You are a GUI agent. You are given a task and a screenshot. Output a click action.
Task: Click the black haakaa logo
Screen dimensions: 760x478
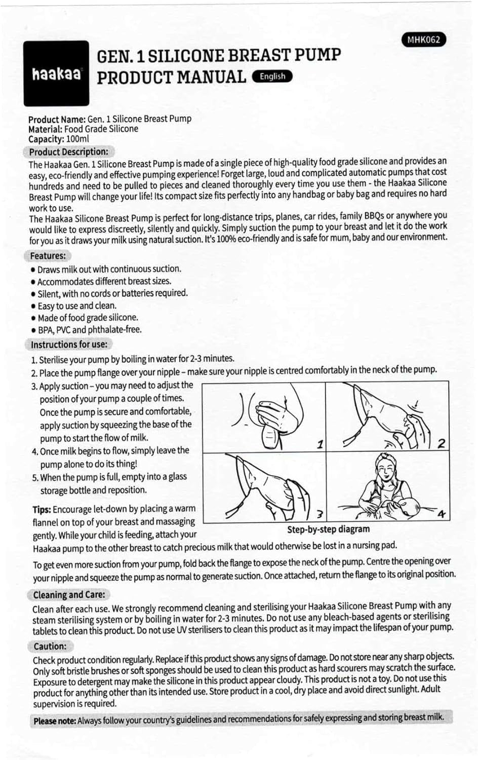click(56, 73)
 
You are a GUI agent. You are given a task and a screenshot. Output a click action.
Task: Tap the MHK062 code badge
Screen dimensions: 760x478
click(423, 40)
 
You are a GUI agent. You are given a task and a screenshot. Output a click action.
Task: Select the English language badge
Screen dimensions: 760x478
click(272, 77)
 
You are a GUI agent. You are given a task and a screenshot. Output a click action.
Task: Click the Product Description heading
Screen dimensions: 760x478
click(68, 151)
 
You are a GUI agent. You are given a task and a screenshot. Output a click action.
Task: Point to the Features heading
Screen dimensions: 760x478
click(48, 256)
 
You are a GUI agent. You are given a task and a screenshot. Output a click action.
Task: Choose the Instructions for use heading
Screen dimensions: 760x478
click(69, 345)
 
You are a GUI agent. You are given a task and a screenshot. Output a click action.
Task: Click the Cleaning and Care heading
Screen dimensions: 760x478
click(69, 594)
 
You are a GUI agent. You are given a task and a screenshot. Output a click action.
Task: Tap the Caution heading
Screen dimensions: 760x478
click(50, 646)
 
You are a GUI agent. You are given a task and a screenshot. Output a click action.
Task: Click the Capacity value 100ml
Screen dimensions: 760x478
click(77, 139)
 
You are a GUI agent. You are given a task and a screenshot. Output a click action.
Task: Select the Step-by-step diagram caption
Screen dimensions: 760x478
click(328, 529)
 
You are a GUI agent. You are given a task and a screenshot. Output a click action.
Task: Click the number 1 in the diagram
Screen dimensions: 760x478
click(320, 444)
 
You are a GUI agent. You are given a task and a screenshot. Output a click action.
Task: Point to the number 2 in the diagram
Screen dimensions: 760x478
click(441, 443)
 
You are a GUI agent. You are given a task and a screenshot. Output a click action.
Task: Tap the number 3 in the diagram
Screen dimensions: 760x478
click(320, 514)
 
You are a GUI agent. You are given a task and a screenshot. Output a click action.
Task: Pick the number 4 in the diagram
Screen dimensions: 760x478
click(442, 514)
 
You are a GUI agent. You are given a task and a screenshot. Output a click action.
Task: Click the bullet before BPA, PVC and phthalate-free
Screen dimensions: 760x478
click(33, 330)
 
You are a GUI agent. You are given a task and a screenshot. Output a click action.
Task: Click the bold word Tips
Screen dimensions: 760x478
click(42, 510)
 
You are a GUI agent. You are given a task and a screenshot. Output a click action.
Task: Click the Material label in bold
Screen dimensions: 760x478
click(45, 129)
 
